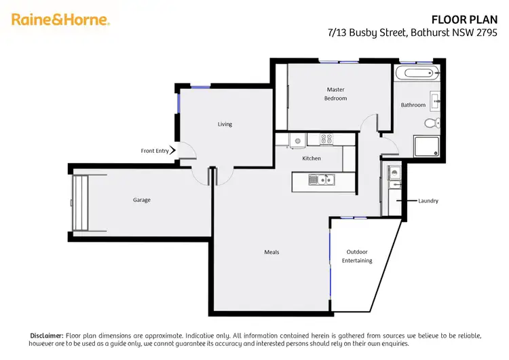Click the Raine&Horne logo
tap(60, 20)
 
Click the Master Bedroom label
tap(336, 94)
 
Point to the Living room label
tap(225, 124)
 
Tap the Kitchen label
tap(312, 158)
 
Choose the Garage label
tap(142, 200)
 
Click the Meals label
tap(271, 252)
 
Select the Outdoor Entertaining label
tap(357, 256)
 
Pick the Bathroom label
tap(413, 105)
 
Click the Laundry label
tap(428, 201)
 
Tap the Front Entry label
tap(154, 151)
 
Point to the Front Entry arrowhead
tap(173, 150)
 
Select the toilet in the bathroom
tap(430, 123)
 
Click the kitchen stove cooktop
tap(326, 139)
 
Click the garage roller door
tap(81, 203)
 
